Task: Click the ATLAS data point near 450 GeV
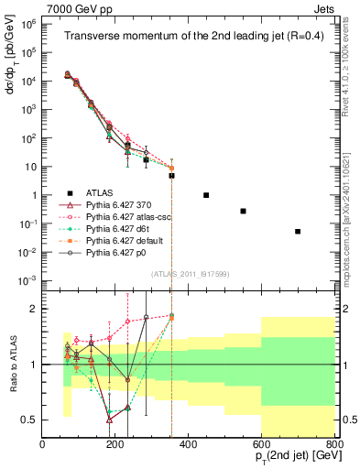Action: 206,195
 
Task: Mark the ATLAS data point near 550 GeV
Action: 243,211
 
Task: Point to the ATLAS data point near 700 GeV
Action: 298,232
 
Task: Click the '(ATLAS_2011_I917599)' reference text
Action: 188,274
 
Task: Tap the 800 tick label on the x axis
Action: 333,444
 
